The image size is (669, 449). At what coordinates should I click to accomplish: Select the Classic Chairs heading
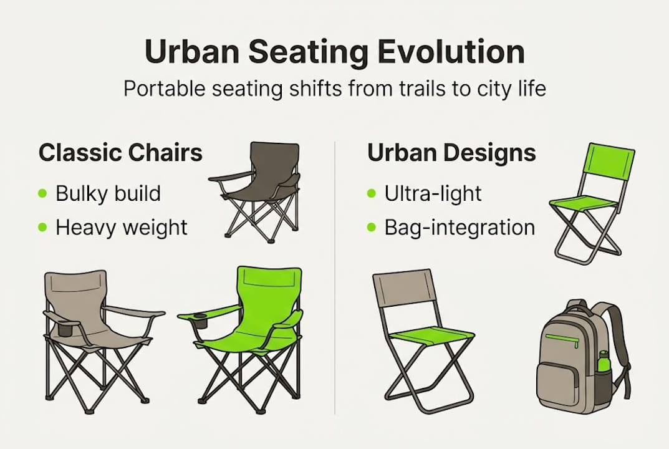tap(120, 153)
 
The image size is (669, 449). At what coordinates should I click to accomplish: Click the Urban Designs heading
tap(451, 153)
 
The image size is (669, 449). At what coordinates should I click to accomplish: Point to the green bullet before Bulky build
tap(42, 194)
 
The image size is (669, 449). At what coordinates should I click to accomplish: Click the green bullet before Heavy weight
tap(42, 228)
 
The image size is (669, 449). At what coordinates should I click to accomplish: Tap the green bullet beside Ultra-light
tap(372, 194)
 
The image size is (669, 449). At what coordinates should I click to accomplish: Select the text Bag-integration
tap(460, 228)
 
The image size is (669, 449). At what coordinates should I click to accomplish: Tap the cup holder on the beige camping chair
tap(65, 328)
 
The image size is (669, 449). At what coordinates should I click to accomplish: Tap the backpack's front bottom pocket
tap(561, 382)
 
